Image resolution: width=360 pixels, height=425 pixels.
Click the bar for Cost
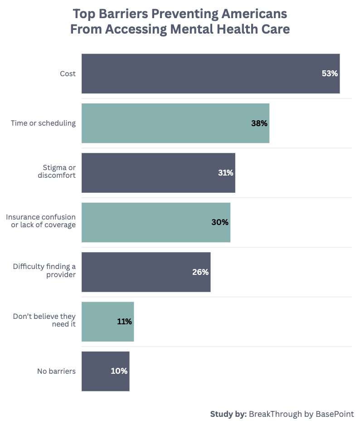coord(210,73)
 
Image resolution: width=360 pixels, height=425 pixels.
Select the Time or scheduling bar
coord(175,123)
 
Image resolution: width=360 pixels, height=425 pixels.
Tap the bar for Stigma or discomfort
coord(158,173)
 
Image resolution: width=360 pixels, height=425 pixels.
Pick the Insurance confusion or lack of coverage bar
coord(156,222)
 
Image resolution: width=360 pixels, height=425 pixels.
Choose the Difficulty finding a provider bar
coord(146,272)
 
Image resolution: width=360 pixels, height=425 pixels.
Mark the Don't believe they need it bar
coord(107,322)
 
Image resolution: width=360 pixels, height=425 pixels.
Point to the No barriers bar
coord(105,371)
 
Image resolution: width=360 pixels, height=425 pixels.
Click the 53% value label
coord(330,73)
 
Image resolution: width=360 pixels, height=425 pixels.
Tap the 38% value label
coord(259,123)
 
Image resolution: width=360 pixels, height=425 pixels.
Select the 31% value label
coord(225,173)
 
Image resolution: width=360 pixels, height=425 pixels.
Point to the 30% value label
coord(220,222)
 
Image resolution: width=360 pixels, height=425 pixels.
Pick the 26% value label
coord(200,272)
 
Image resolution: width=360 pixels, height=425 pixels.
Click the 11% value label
coord(124,322)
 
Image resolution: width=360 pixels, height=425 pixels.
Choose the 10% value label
coord(119,371)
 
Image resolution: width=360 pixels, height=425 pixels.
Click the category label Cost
coord(68,73)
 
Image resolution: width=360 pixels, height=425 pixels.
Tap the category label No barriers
coord(56,371)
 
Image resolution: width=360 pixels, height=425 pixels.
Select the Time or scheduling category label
coord(43,123)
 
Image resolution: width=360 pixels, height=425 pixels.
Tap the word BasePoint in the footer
coord(334,414)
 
